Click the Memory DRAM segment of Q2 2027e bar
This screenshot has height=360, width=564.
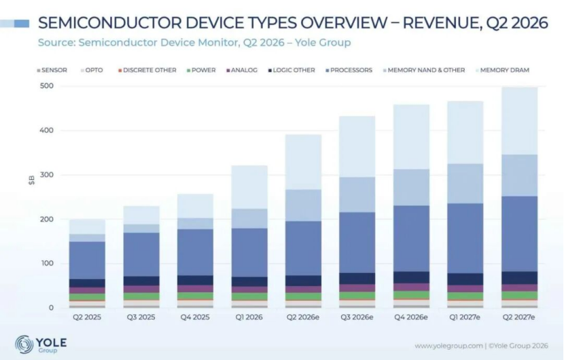(x=519, y=121)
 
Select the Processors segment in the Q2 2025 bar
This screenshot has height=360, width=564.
(x=87, y=260)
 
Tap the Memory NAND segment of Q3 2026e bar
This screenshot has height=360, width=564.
(x=357, y=194)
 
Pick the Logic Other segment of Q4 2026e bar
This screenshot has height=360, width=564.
(x=411, y=277)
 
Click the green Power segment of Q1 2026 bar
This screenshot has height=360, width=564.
(x=249, y=296)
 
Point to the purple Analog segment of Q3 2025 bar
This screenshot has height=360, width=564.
(x=141, y=289)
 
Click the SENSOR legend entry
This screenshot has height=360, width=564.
(x=52, y=70)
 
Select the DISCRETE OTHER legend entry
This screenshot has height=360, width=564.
(x=147, y=70)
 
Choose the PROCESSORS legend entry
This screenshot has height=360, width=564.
(x=349, y=70)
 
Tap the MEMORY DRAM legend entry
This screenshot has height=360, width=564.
(x=502, y=70)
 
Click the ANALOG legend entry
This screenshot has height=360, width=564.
(x=242, y=70)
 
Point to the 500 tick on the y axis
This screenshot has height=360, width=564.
(x=47, y=86)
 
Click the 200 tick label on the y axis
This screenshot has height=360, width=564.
(x=47, y=219)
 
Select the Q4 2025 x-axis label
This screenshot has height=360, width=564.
(x=195, y=317)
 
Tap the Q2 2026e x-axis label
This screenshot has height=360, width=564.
(x=303, y=317)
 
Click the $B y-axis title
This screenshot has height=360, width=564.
(x=32, y=180)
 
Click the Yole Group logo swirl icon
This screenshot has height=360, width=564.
(x=24, y=344)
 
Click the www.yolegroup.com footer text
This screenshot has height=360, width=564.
(x=448, y=346)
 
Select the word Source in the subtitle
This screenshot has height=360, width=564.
(x=57, y=42)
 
